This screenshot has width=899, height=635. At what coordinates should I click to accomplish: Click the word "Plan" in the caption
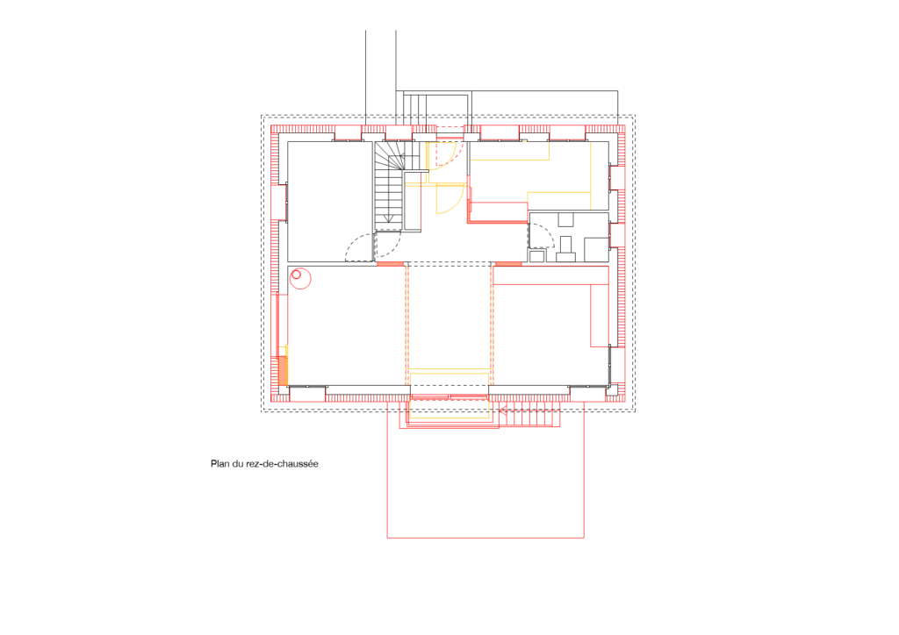(219, 464)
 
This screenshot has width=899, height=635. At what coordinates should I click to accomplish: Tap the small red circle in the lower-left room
(296, 275)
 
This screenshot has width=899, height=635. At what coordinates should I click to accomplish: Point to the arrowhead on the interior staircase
(389, 218)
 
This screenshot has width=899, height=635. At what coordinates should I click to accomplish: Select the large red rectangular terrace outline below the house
(485, 538)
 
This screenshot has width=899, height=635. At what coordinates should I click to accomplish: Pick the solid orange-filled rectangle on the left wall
(282, 370)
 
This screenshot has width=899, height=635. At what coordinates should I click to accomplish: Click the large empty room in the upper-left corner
(330, 201)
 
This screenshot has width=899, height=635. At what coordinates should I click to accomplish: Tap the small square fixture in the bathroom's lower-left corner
(536, 256)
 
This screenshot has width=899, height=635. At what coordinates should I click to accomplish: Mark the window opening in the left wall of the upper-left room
(283, 202)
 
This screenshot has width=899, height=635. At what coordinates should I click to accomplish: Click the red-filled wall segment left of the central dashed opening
(390, 264)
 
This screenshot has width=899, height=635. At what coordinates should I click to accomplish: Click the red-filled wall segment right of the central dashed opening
(507, 264)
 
